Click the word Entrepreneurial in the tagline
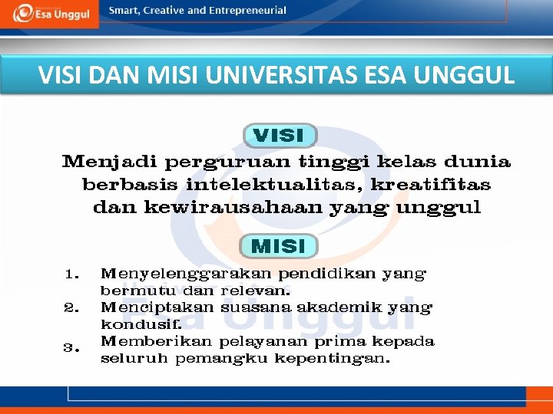click(x=250, y=11)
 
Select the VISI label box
click(x=279, y=136)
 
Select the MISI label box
click(x=278, y=246)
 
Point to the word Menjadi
click(x=109, y=163)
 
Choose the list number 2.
click(x=71, y=308)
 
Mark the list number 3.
click(x=71, y=348)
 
